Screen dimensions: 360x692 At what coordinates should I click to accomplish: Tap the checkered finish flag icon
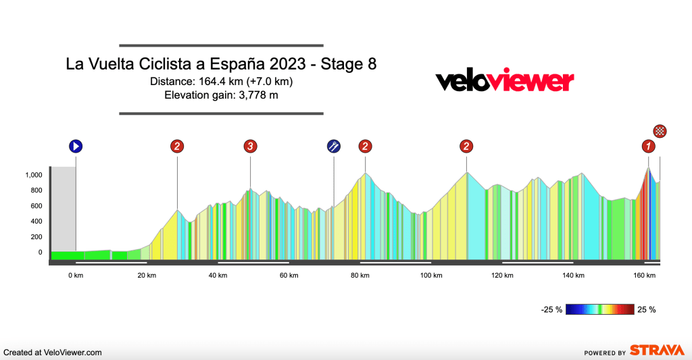tap(660, 131)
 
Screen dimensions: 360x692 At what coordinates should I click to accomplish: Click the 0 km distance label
tap(76, 275)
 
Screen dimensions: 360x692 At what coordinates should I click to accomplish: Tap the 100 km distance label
tap(431, 275)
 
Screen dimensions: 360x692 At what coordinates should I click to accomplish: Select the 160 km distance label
tap(645, 275)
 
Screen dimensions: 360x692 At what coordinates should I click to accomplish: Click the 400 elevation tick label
tap(35, 222)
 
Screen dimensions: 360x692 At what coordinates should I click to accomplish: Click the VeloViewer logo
tap(504, 82)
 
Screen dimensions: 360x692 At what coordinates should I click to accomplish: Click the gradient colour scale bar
tap(599, 309)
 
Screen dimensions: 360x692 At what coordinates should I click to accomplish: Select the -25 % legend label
tap(551, 310)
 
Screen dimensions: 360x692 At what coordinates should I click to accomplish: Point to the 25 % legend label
tap(647, 310)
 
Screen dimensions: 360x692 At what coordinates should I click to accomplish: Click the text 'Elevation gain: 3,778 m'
tap(222, 95)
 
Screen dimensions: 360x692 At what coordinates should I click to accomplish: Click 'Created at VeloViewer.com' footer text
tap(53, 353)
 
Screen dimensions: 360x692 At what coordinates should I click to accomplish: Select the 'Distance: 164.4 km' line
tap(222, 82)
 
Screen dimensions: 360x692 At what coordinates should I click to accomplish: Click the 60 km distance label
tap(289, 275)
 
